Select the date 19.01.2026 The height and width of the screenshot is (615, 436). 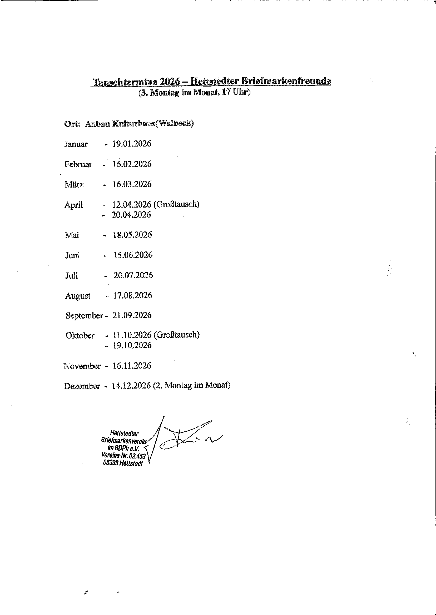(x=132, y=144)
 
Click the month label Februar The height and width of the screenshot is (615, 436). (x=78, y=164)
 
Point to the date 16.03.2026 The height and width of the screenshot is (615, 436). (x=132, y=184)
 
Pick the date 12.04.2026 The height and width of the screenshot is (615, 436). (x=132, y=204)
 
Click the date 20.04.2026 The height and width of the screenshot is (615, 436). (x=131, y=215)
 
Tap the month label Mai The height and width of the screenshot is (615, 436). (x=72, y=235)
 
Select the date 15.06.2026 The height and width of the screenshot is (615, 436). (x=133, y=255)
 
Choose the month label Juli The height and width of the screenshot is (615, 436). (x=71, y=275)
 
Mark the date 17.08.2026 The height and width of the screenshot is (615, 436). (x=133, y=295)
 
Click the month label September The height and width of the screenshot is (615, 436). (x=84, y=316)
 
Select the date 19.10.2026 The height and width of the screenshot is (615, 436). (x=132, y=345)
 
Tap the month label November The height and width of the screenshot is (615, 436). (x=82, y=366)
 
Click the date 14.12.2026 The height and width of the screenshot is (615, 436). (x=131, y=386)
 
